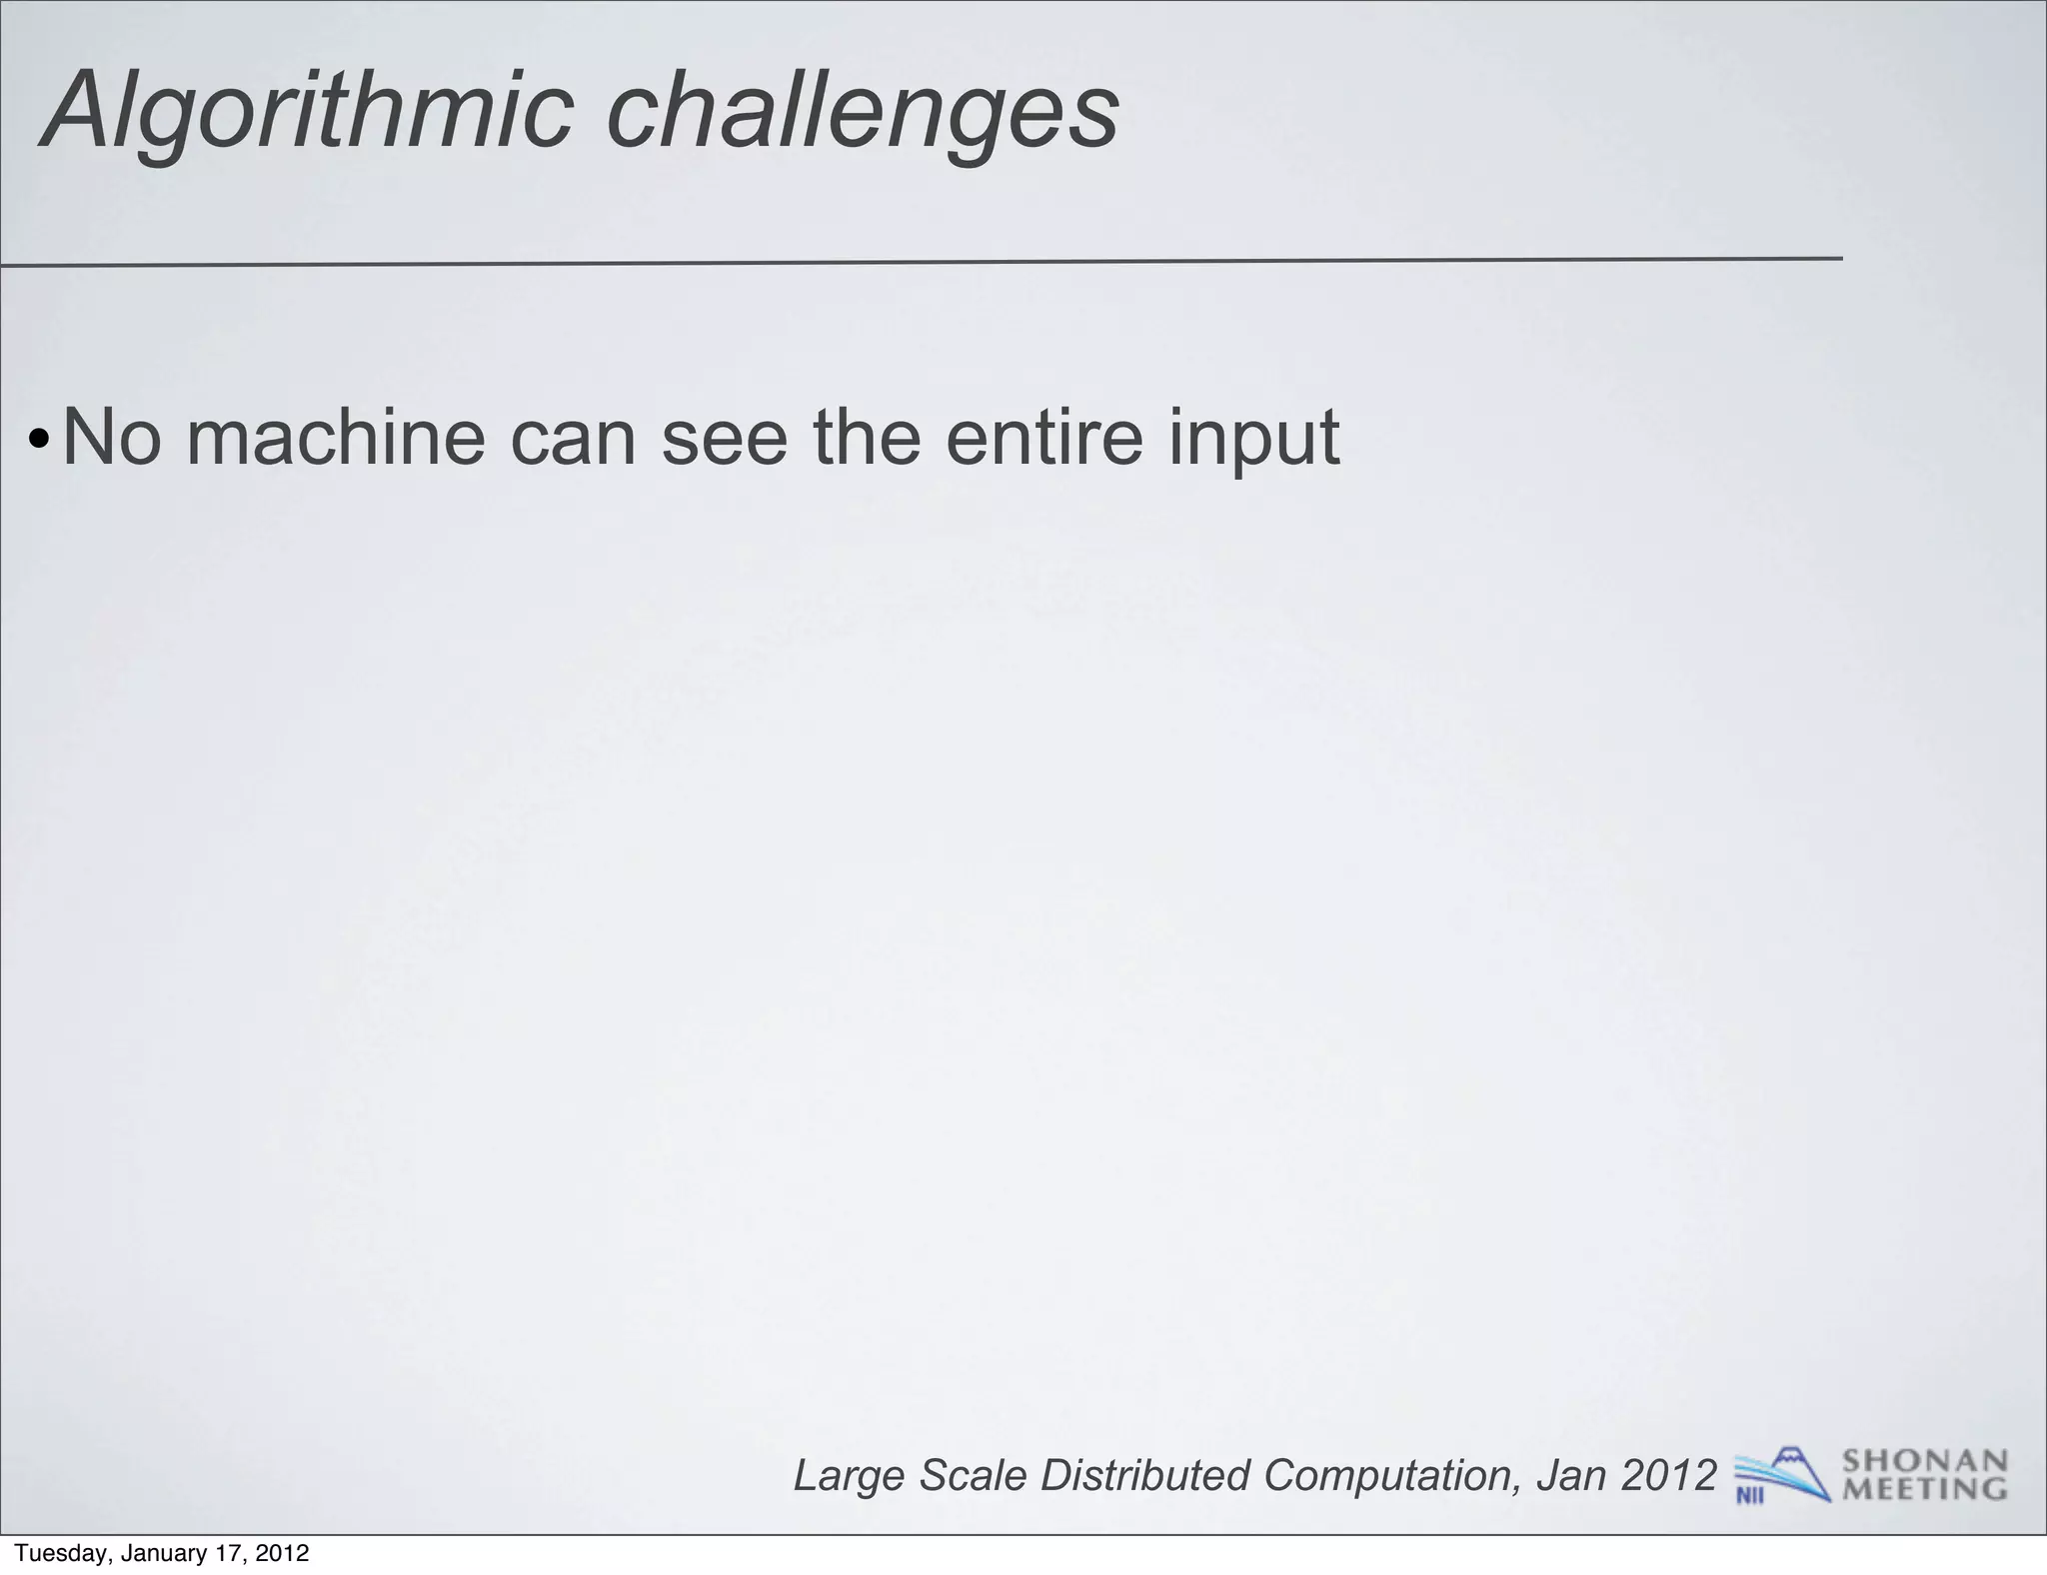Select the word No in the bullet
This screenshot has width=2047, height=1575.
pos(111,437)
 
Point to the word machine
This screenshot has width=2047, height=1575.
pos(336,437)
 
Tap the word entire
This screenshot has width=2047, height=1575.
pos(1043,437)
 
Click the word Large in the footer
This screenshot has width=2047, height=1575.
pos(850,1476)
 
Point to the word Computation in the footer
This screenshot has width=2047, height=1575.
pos(1390,1476)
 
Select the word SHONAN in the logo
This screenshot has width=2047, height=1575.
pos(1924,1461)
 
